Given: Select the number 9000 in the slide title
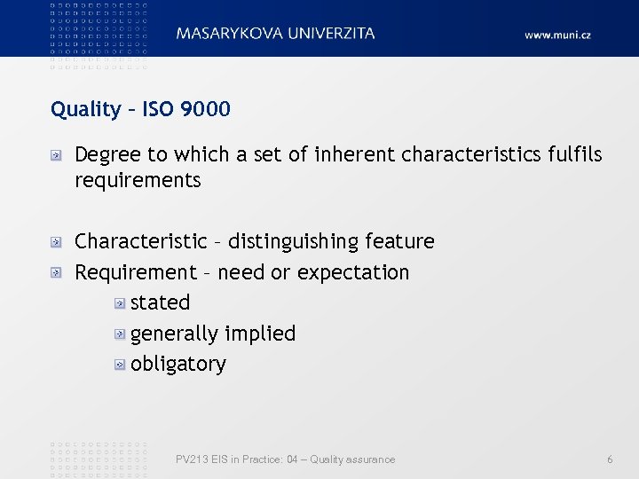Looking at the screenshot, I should click(205, 109).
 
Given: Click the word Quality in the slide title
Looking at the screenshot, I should click(85, 110).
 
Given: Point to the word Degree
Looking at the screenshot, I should click(108, 155).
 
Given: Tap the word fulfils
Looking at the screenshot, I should click(573, 154).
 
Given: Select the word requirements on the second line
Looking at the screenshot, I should click(138, 181).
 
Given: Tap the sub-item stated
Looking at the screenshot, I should click(160, 302).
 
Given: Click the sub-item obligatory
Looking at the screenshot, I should click(177, 365).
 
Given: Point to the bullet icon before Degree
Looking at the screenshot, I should click(56, 156).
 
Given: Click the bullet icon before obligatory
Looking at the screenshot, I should click(119, 365).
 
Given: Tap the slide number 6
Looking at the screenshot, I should click(610, 459).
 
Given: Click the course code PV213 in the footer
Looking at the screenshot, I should click(190, 459).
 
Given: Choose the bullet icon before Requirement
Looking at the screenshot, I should click(56, 273).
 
